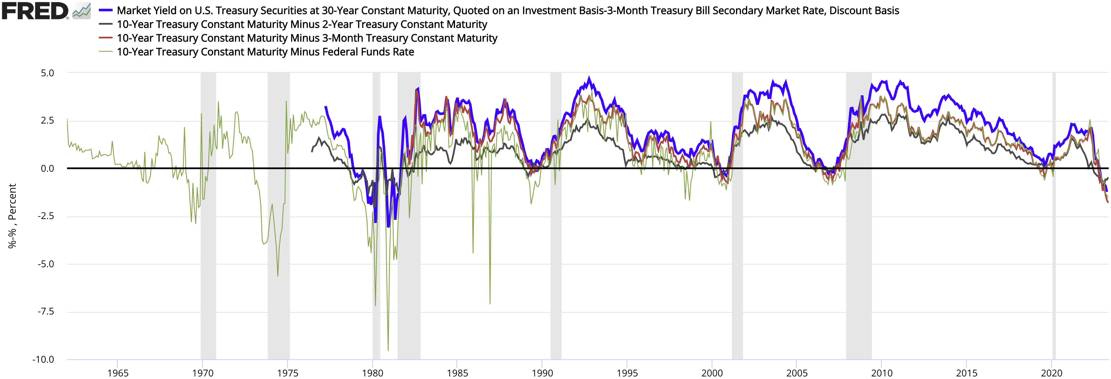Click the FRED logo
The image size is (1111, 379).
(34, 11)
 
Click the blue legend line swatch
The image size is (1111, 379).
(106, 10)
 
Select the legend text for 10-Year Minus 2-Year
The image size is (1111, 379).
(302, 24)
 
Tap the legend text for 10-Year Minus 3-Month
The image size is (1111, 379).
(307, 38)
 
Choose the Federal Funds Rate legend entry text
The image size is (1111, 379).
(265, 52)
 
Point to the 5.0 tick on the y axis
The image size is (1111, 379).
(48, 73)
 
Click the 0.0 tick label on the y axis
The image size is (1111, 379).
(48, 168)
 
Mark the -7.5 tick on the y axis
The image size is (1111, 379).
(46, 311)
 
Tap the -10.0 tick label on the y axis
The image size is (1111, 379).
(44, 359)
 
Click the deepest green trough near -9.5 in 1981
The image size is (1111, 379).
(388, 350)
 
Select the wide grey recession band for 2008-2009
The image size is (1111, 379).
(859, 259)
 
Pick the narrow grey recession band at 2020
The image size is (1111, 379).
(1054, 259)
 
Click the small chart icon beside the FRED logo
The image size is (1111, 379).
(82, 11)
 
